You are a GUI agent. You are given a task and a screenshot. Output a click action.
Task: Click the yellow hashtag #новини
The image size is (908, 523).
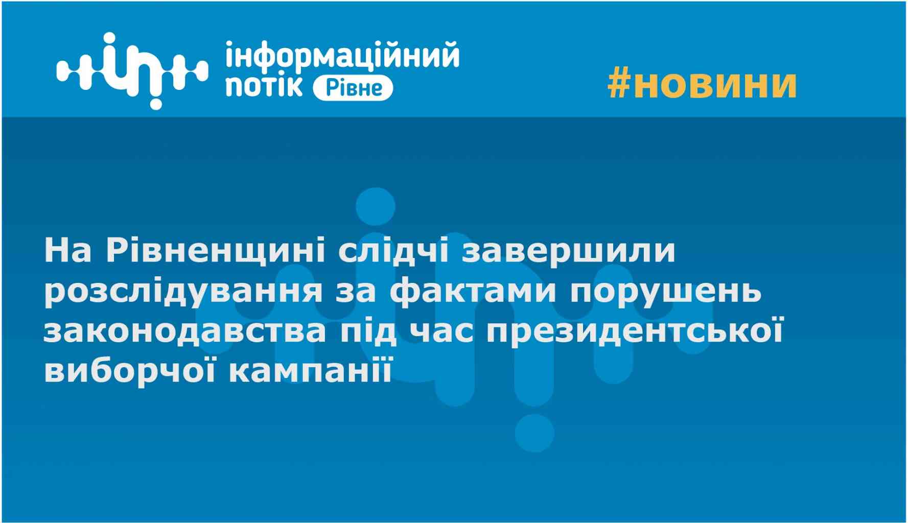tap(702, 84)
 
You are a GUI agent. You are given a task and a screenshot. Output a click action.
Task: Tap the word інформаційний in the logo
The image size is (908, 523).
tap(342, 55)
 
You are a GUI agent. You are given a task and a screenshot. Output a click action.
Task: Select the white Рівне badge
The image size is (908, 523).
tap(353, 88)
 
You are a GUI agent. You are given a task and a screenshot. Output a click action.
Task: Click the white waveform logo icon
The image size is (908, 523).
tap(132, 70)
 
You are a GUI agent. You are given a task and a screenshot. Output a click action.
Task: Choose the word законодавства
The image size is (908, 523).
tap(184, 332)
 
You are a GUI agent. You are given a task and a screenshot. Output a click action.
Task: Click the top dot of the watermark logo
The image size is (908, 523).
tap(375, 207)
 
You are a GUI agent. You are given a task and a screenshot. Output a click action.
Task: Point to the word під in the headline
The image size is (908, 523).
tap(364, 332)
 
